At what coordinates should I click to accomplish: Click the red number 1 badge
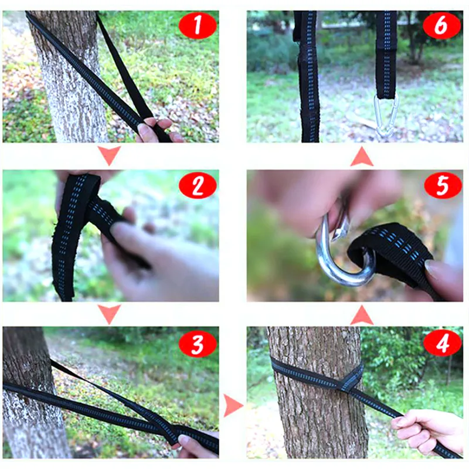pos(198,25)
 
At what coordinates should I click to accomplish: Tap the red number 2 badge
pos(198,185)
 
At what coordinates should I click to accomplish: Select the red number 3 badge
pos(198,344)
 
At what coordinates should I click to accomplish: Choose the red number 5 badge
pos(443,185)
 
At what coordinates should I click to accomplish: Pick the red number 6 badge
pos(442,26)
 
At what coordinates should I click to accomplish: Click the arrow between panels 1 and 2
pos(110,155)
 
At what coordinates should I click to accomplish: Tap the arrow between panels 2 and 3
pos(110,314)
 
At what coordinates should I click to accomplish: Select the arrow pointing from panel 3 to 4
pos(233,405)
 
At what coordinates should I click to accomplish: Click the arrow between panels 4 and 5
pos(362,315)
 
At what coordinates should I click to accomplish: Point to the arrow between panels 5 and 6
pos(362,157)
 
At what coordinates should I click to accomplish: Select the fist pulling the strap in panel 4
pos(424,428)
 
